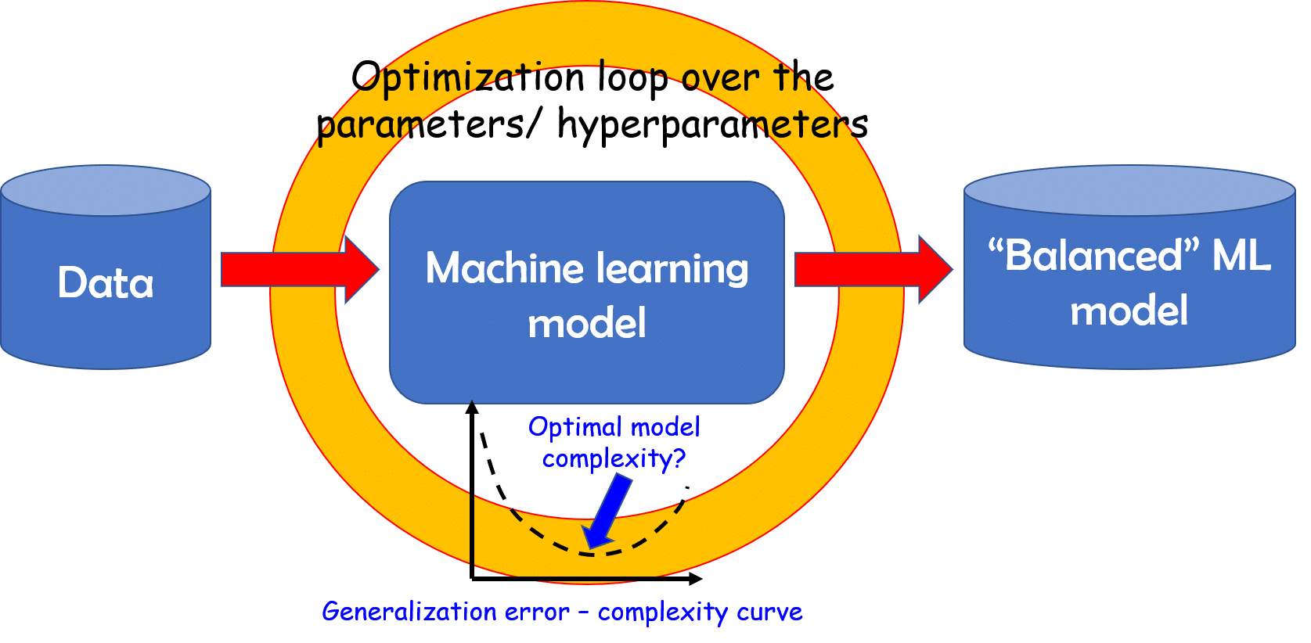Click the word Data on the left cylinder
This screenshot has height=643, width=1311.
click(106, 282)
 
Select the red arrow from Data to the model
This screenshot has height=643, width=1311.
click(297, 269)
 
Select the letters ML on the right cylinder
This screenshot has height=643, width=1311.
click(1241, 256)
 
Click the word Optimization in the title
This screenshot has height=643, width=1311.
click(468, 78)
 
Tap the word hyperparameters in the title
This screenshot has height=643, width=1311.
click(712, 124)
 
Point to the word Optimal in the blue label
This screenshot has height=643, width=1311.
click(574, 427)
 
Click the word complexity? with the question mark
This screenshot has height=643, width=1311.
click(614, 458)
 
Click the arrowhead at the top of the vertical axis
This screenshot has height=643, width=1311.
click(472, 407)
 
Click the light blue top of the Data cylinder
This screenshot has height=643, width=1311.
click(106, 189)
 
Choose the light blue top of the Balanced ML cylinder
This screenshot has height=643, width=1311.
click(1129, 189)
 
